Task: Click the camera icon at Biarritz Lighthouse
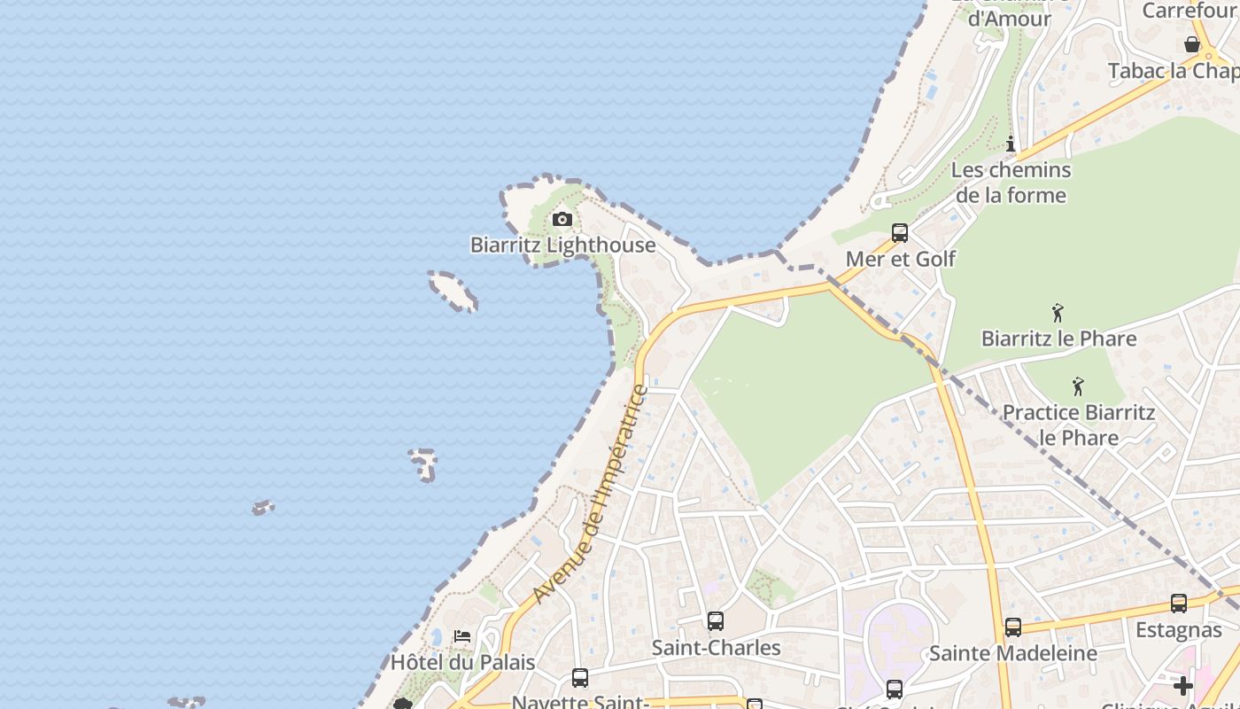(562, 219)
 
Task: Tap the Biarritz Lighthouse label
(562, 245)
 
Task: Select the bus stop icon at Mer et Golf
(900, 233)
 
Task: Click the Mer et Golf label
(900, 259)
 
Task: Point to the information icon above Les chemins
(1011, 144)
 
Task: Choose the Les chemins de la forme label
(1011, 183)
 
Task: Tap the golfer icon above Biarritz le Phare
(1058, 312)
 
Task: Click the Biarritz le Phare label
(1058, 339)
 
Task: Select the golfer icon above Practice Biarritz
(1078, 386)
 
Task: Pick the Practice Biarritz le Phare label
(1078, 425)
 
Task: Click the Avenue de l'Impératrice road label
(593, 493)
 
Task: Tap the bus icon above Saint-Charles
(716, 621)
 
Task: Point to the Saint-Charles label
(716, 648)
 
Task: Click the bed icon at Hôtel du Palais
(462, 636)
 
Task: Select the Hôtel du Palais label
(463, 662)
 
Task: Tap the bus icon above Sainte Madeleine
(1013, 627)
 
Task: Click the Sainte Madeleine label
(1012, 653)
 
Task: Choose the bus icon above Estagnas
(1179, 604)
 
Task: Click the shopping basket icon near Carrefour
(1192, 43)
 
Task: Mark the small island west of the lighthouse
(453, 291)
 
